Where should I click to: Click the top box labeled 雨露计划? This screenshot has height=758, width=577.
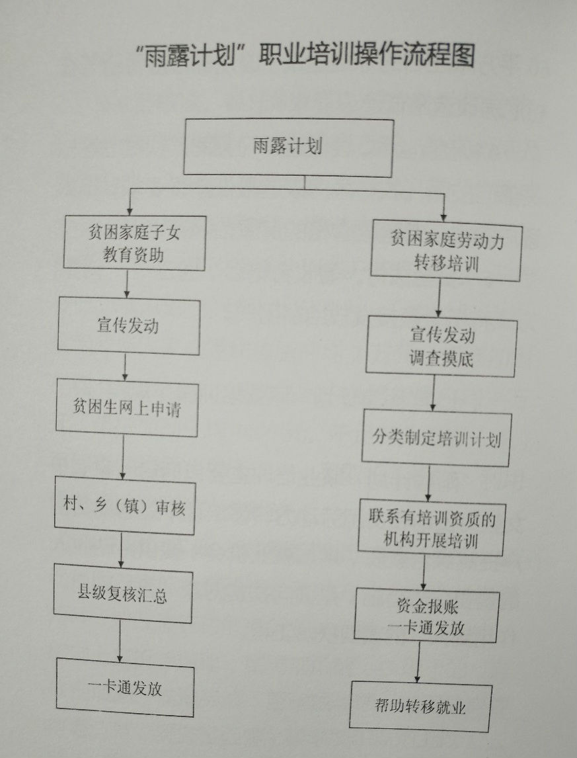click(x=288, y=147)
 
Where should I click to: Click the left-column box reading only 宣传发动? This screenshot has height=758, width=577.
click(x=128, y=326)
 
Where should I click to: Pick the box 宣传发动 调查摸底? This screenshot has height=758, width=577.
click(x=442, y=346)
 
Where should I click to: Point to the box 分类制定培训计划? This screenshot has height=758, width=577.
click(x=436, y=438)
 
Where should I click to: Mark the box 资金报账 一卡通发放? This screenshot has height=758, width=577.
click(x=426, y=616)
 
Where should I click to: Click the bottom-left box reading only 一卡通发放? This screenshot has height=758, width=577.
click(x=125, y=688)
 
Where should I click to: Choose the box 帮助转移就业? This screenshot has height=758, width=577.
click(x=421, y=707)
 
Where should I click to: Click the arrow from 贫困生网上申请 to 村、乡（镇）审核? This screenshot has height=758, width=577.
click(x=123, y=456)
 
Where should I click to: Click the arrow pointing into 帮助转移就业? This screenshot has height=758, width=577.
click(x=418, y=661)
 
